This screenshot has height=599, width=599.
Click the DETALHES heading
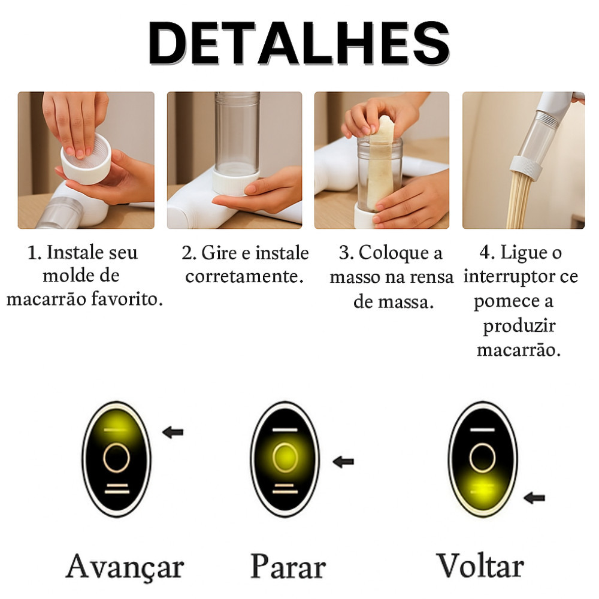[299, 43]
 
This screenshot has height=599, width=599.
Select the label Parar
[288, 566]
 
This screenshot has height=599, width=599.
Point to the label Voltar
[480, 565]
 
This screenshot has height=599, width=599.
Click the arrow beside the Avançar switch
[173, 432]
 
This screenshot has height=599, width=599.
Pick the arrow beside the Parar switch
[343, 462]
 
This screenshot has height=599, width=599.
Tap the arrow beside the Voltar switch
[534, 498]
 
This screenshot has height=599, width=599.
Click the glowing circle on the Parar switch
[285, 458]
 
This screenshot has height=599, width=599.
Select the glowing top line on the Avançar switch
[116, 429]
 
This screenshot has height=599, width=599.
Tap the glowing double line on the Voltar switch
[482, 489]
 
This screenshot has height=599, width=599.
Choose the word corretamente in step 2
[244, 276]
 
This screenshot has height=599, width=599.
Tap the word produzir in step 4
[519, 326]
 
